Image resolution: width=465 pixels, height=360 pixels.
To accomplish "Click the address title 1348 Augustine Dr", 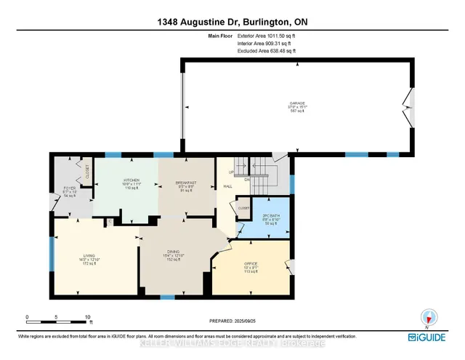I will pos(232,21).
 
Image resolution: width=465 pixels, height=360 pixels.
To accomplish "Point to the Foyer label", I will pos(70,192).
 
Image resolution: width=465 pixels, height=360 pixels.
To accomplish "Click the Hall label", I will pos(227,186).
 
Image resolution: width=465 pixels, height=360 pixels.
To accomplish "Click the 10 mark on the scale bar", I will pos(87,318).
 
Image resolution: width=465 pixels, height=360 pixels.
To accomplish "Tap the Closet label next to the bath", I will pos(243,208).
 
